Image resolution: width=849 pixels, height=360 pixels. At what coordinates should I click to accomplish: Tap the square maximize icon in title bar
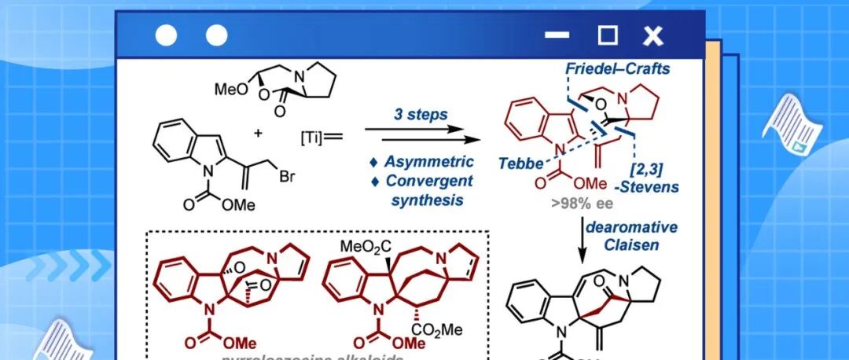[x=608, y=35]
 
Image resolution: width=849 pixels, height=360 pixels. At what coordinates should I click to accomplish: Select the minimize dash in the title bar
[x=557, y=35]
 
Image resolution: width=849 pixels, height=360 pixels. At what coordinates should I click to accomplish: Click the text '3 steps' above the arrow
[x=421, y=115]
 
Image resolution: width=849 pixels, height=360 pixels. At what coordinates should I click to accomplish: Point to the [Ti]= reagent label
[x=319, y=138]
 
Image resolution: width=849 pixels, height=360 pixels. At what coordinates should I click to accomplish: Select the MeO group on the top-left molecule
[x=230, y=90]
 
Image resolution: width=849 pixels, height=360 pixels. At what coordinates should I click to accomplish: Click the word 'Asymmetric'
[x=428, y=162]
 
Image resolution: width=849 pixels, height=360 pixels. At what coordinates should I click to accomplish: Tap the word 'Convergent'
[x=428, y=180]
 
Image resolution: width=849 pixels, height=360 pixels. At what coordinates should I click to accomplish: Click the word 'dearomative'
[x=625, y=226]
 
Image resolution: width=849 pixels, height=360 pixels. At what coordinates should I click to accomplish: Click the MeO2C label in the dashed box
[x=366, y=248]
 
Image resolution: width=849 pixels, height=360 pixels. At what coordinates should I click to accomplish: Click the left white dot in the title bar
[x=166, y=35]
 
